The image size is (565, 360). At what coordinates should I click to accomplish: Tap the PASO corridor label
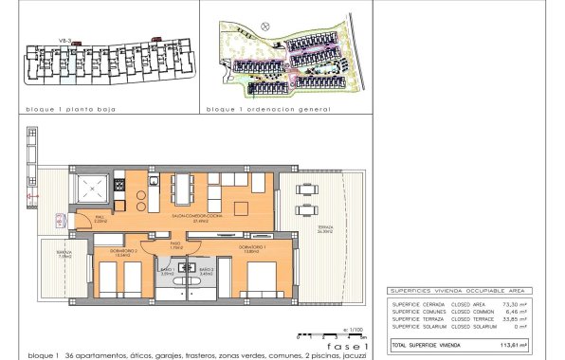click(x=175, y=245)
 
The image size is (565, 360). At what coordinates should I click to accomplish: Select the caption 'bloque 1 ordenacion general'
click(x=268, y=110)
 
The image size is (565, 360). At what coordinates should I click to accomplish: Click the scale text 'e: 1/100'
click(x=353, y=329)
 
